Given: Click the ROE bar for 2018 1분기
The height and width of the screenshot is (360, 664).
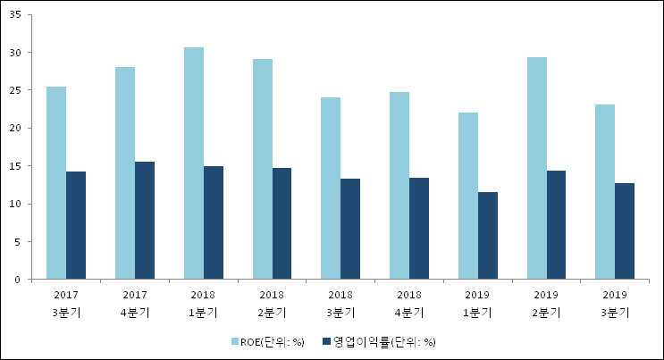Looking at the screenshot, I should click(x=193, y=163).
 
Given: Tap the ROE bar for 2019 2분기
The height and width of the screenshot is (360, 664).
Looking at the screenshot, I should click(x=536, y=169).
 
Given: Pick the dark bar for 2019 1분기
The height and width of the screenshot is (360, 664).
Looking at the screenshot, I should click(x=488, y=236).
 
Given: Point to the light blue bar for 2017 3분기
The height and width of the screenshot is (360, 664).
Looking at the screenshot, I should click(x=56, y=183).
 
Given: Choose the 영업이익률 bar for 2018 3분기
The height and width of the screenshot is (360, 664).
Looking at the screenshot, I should click(x=350, y=229).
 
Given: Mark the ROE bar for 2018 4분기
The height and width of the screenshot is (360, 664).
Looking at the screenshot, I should click(x=399, y=186).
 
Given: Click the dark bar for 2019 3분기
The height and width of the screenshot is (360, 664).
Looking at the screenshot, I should click(x=625, y=231).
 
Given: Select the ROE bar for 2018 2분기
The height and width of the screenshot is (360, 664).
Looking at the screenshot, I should click(x=262, y=170).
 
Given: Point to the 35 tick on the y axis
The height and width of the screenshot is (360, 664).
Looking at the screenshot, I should click(x=19, y=15).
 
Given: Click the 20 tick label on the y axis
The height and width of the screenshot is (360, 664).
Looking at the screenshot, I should click(x=19, y=129).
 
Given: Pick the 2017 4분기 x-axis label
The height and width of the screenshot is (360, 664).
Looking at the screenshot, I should click(x=135, y=303).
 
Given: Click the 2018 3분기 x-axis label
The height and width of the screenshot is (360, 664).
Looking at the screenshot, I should click(x=340, y=303).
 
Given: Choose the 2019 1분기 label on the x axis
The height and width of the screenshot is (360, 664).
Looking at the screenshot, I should click(x=477, y=303).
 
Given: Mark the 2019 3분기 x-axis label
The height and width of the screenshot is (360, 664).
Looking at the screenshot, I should click(x=615, y=303).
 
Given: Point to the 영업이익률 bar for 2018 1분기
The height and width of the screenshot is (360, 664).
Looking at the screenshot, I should click(x=214, y=223).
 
